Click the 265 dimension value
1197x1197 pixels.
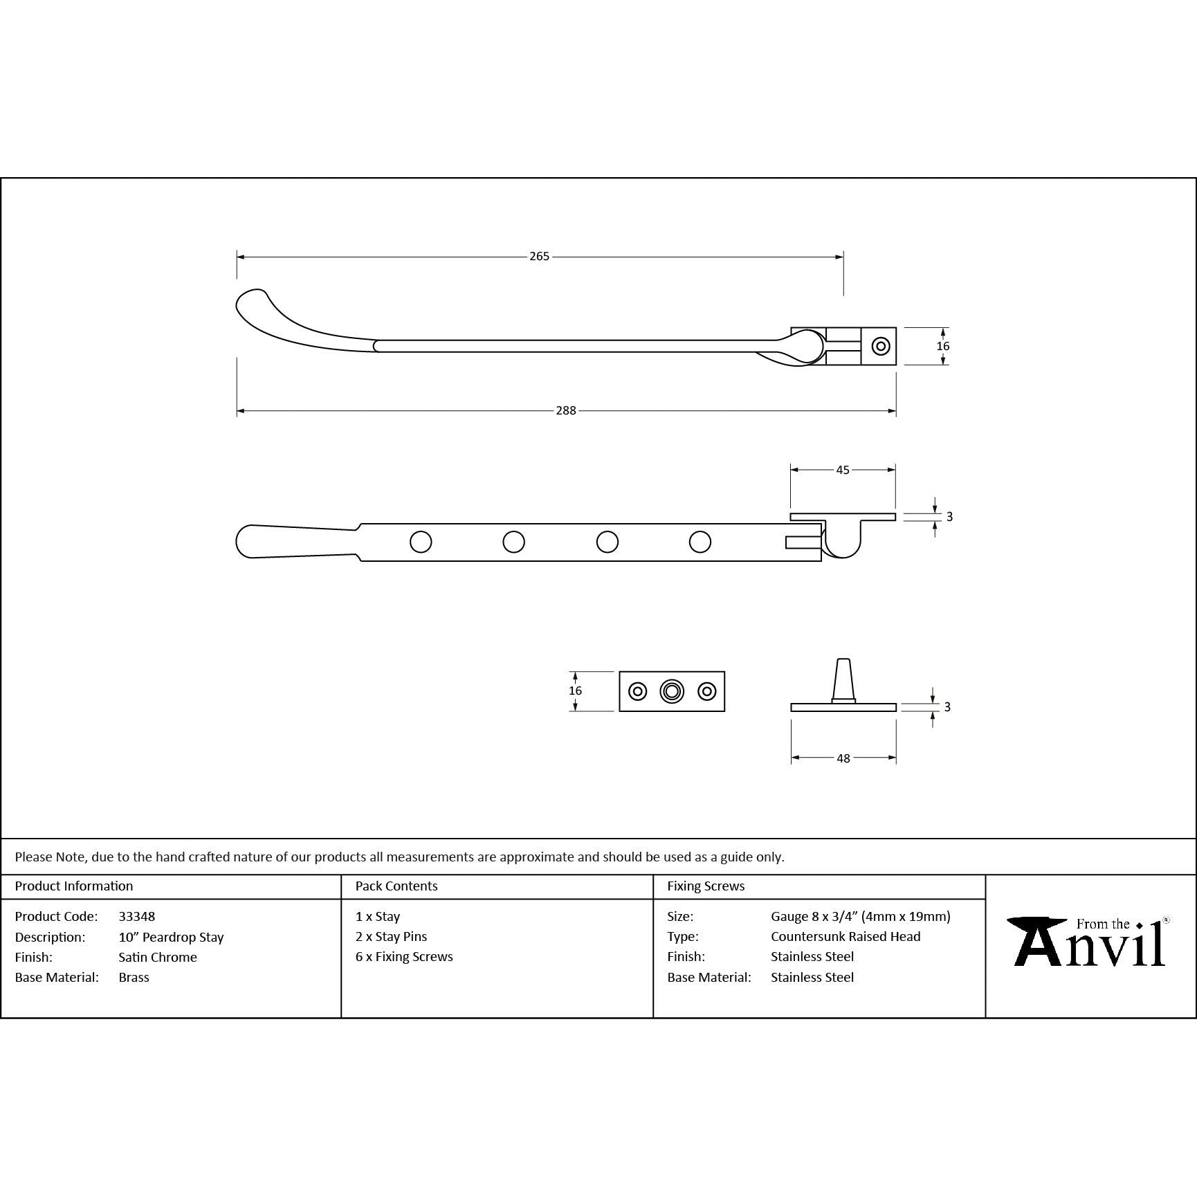pos(539,256)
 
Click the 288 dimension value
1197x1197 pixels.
pos(566,410)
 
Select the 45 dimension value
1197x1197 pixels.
pos(843,470)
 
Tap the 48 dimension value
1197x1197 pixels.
pos(843,758)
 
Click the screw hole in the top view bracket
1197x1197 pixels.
pos(880,346)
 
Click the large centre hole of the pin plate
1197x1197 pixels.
pos(672,691)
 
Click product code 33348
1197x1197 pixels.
pos(137,916)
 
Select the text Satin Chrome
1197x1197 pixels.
pos(158,957)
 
